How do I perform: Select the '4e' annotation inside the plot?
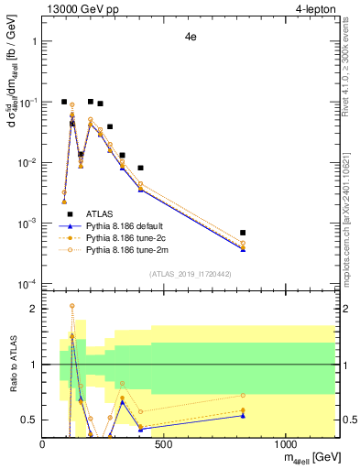pos(191,38)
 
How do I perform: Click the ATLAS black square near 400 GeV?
pos(140,169)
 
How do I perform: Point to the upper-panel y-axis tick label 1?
pos(33,41)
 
